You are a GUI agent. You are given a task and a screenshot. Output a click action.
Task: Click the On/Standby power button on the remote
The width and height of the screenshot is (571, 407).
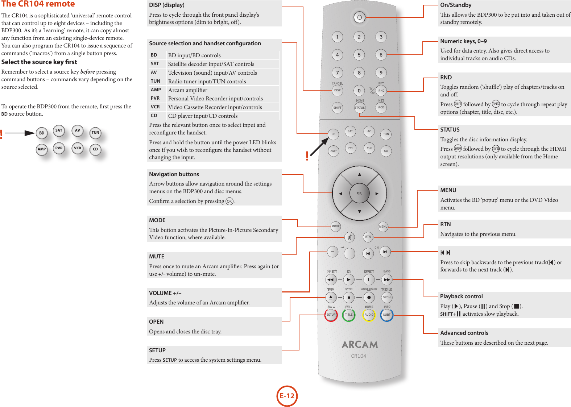point(359,17)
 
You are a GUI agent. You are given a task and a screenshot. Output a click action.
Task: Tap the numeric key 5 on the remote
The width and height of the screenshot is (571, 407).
point(359,55)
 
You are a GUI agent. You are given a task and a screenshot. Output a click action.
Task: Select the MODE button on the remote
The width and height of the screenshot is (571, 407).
point(336,226)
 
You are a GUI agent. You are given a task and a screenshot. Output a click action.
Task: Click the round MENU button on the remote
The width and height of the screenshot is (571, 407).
point(383,227)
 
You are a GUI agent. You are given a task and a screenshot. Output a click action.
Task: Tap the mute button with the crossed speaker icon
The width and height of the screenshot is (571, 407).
point(349,237)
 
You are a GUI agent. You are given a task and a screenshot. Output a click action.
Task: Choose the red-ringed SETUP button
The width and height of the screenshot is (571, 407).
point(331,315)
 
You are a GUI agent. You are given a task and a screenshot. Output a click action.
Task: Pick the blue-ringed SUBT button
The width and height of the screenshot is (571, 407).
point(387,315)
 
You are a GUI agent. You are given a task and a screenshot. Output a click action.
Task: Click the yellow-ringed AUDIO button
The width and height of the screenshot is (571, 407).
point(369,315)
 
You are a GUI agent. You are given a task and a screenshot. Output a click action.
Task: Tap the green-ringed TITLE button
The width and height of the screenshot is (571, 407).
point(349,315)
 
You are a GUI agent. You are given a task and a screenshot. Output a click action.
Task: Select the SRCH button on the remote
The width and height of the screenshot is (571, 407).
point(387,297)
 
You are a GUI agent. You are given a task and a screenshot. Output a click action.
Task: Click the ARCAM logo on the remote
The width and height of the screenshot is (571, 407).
point(360,344)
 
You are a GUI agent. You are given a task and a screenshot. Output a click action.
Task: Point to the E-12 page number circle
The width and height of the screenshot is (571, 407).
point(287,396)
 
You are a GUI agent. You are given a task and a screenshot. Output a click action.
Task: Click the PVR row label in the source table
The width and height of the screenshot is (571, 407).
point(155,98)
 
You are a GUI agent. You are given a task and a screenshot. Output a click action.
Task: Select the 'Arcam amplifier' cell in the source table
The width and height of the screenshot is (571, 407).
point(188,90)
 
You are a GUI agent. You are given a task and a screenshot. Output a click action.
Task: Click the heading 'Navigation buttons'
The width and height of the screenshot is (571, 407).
point(174,174)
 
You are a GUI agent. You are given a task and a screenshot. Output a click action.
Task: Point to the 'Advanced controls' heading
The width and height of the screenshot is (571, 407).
point(464,333)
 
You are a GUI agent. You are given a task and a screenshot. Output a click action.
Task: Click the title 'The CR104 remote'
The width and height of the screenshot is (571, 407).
point(38,4)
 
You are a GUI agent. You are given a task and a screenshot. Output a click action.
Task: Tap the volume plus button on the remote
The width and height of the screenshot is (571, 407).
point(349,254)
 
